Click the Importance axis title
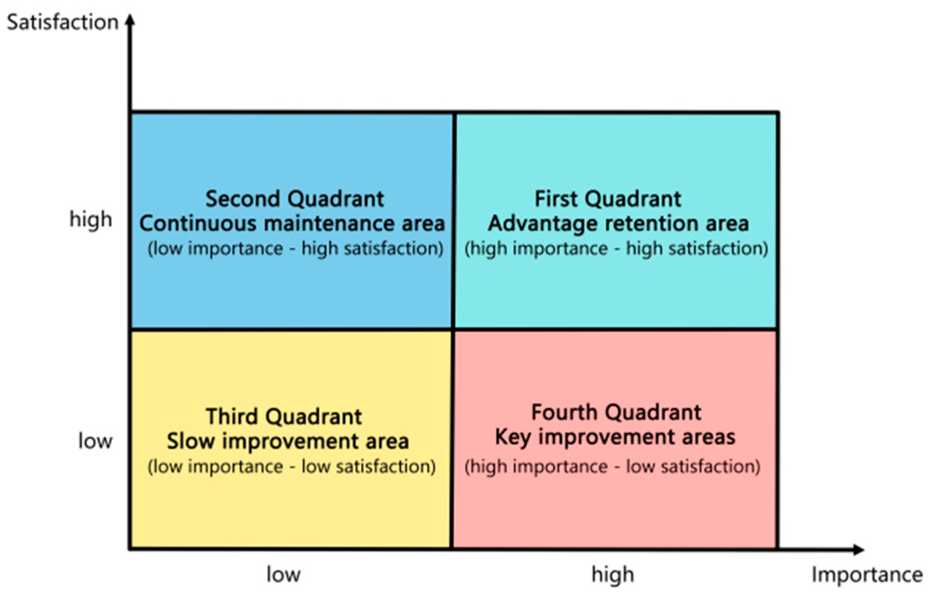(x=867, y=575)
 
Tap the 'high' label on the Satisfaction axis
(x=91, y=219)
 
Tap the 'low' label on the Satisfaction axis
(x=95, y=441)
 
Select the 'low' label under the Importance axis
(x=283, y=575)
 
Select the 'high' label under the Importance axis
(x=613, y=575)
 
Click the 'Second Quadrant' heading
(x=295, y=199)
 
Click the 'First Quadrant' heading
(x=608, y=199)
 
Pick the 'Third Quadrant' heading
(x=284, y=416)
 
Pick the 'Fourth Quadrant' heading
(x=616, y=412)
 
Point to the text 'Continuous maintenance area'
(x=292, y=223)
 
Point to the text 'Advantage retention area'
(x=618, y=224)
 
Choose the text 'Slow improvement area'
(x=288, y=441)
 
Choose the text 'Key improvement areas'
(x=615, y=437)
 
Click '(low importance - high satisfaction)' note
(x=295, y=248)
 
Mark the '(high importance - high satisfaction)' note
(x=616, y=248)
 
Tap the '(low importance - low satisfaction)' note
(x=291, y=466)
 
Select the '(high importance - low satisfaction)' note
(x=612, y=466)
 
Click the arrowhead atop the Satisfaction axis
(x=130, y=20)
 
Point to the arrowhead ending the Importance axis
(x=858, y=550)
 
